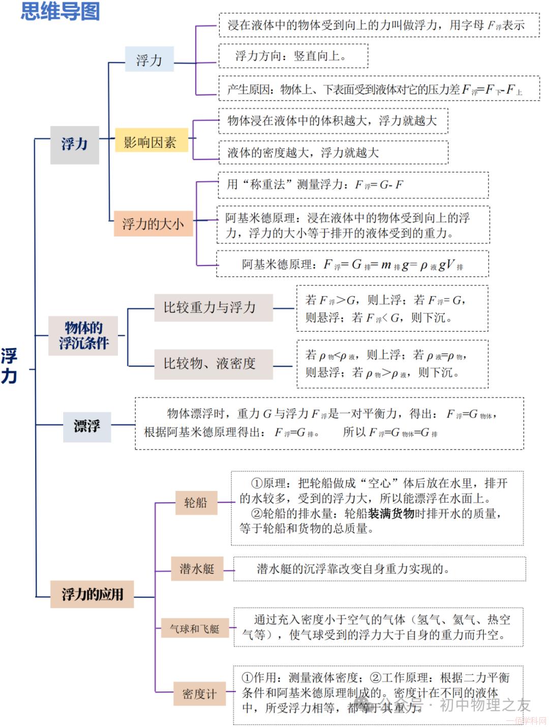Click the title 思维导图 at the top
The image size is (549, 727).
tap(60, 11)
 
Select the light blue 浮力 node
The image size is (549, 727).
tap(149, 60)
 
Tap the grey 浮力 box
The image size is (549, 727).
tap(74, 144)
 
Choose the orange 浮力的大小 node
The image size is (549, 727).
tap(153, 224)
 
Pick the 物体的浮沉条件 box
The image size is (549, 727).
tap(83, 335)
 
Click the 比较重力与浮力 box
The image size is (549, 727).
tap(213, 307)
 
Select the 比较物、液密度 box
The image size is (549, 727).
tap(213, 363)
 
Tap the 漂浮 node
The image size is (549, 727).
tap(87, 425)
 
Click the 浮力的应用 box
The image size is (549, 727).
tap(92, 594)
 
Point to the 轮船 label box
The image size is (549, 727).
tap(196, 503)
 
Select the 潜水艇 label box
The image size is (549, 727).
tap(197, 569)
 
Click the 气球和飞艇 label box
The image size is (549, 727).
tap(195, 629)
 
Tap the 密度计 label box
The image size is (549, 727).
tap(199, 693)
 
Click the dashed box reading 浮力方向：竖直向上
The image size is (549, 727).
tap(293, 56)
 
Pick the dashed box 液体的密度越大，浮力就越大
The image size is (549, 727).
tap(333, 152)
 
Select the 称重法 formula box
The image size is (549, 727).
tap(353, 185)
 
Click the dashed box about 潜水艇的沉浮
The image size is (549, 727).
tap(379, 569)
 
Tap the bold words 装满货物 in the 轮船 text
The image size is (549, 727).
tap(392, 514)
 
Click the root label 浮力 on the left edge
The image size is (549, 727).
tap(9, 366)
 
